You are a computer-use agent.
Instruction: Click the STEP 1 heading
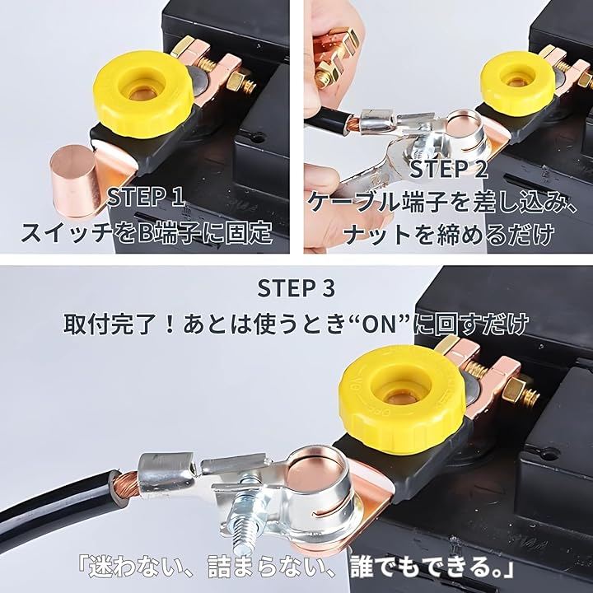click(x=146, y=197)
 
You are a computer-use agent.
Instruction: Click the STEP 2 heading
click(x=449, y=169)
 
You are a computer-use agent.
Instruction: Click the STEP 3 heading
click(x=296, y=288)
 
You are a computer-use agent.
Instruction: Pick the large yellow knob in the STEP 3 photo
click(x=402, y=399)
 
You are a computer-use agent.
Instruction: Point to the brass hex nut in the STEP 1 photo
click(x=236, y=82)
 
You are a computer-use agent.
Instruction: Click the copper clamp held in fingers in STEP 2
click(x=334, y=57)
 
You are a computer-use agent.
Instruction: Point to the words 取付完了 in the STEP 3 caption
click(x=110, y=325)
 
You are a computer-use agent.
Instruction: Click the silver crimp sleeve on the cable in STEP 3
click(x=166, y=474)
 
